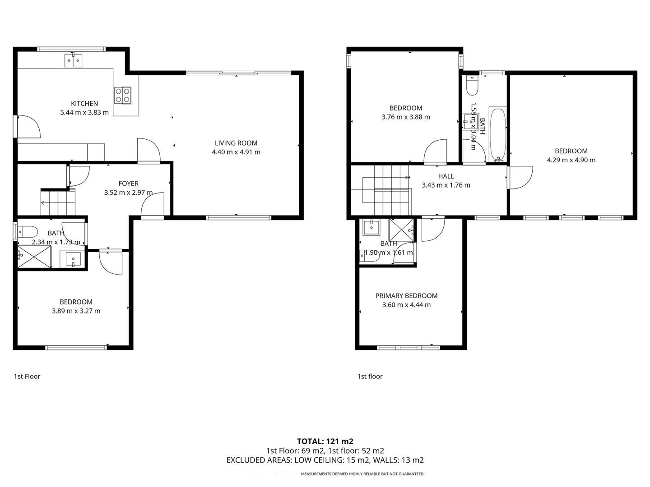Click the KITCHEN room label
[84, 103]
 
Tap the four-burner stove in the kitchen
[123, 95]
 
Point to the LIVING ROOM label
[236, 143]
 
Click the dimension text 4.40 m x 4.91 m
[236, 152]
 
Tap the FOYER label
[128, 184]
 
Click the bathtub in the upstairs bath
[498, 134]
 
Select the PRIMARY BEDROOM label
[406, 296]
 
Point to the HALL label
[446, 176]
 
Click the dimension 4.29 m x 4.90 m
[571, 160]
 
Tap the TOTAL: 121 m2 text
[325, 441]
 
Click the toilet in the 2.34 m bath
[28, 232]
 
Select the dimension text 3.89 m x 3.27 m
[76, 311]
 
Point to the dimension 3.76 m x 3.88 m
[406, 117]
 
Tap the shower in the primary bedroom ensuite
[402, 231]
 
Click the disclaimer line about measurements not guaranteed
[362, 474]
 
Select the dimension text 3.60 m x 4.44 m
[406, 305]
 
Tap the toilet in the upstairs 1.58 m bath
[472, 86]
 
